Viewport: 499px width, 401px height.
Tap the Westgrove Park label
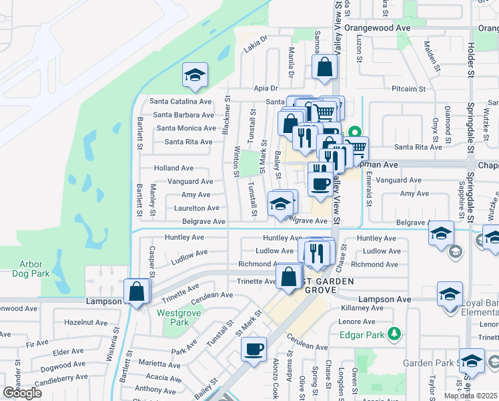pyautogui.click(x=172, y=317)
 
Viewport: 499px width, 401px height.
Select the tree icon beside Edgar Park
pyautogui.click(x=395, y=333)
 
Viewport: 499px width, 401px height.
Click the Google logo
pyautogui.click(x=22, y=393)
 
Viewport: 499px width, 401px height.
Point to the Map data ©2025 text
pyautogui.click(x=471, y=396)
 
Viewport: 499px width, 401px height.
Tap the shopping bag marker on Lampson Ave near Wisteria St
pyautogui.click(x=136, y=292)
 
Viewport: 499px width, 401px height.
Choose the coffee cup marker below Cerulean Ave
pyautogui.click(x=254, y=350)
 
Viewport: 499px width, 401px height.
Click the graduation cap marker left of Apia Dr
pyautogui.click(x=194, y=76)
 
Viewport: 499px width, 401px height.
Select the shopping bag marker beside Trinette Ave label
pyautogui.click(x=288, y=277)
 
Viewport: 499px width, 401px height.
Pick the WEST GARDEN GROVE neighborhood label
pyautogui.click(x=311, y=286)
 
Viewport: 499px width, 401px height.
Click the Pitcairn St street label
pyautogui.click(x=409, y=88)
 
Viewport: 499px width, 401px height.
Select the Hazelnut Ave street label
pyautogui.click(x=86, y=322)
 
